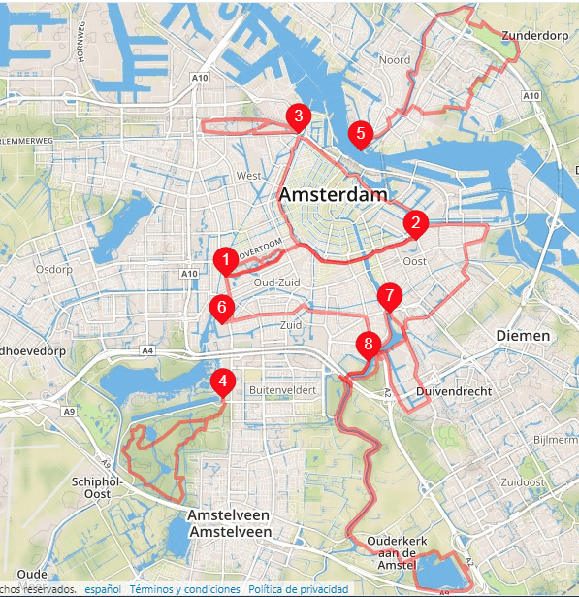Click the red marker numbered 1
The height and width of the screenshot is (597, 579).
225,260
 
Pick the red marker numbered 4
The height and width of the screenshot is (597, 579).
223,381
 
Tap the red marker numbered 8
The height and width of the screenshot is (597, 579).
367,344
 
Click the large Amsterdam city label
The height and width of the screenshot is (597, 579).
333,195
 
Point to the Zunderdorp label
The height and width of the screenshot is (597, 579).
534,36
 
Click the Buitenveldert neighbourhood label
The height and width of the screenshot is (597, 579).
284,389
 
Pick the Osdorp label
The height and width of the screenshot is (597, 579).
53,269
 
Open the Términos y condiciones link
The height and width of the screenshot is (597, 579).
184,589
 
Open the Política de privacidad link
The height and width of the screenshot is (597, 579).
299,589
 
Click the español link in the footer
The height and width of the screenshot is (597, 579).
103,589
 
